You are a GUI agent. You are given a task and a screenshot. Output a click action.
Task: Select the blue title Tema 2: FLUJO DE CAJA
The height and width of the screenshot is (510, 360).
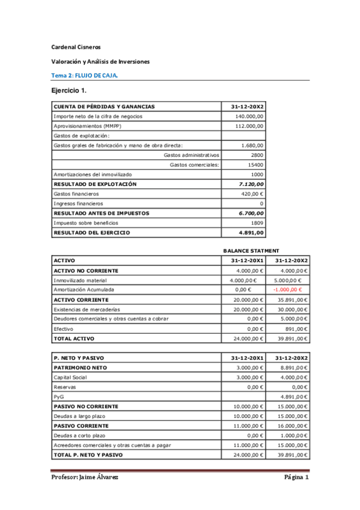pyautogui.click(x=84, y=75)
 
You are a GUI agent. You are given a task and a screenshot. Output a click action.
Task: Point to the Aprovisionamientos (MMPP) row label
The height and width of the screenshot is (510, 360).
pyautogui.click(x=87, y=126)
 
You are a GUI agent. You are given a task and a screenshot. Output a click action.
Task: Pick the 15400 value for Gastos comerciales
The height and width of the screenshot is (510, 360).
pyautogui.click(x=255, y=164)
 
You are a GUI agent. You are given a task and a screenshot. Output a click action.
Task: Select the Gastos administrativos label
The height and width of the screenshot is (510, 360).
pyautogui.click(x=191, y=155)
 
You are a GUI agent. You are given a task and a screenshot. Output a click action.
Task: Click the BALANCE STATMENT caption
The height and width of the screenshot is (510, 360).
pyautogui.click(x=251, y=250)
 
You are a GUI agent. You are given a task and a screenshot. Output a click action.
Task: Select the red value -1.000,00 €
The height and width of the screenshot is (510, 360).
pyautogui.click(x=287, y=289)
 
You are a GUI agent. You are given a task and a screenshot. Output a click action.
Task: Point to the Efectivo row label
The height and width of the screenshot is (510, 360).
pyautogui.click(x=64, y=328)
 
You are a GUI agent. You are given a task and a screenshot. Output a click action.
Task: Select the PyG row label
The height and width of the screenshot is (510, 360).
pyautogui.click(x=59, y=396)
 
